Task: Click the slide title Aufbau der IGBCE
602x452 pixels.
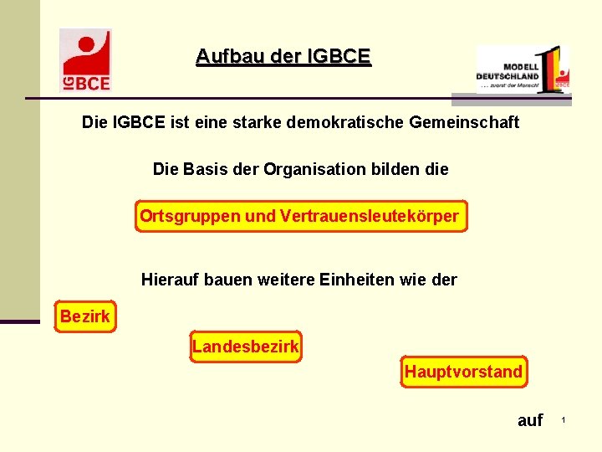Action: (x=283, y=57)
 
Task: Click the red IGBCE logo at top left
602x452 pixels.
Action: (x=85, y=59)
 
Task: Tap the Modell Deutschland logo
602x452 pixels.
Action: (x=523, y=69)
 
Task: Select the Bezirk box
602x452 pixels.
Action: (x=84, y=317)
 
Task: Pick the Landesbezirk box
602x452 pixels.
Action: (x=245, y=346)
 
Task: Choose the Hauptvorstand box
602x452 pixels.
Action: (x=463, y=372)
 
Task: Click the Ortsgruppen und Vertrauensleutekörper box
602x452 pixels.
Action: (x=299, y=217)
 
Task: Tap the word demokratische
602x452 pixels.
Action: (x=345, y=123)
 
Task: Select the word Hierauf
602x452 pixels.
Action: (x=171, y=280)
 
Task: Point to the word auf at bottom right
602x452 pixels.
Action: (x=530, y=420)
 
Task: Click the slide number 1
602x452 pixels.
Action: (x=564, y=419)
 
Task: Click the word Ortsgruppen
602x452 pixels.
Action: (x=190, y=217)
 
